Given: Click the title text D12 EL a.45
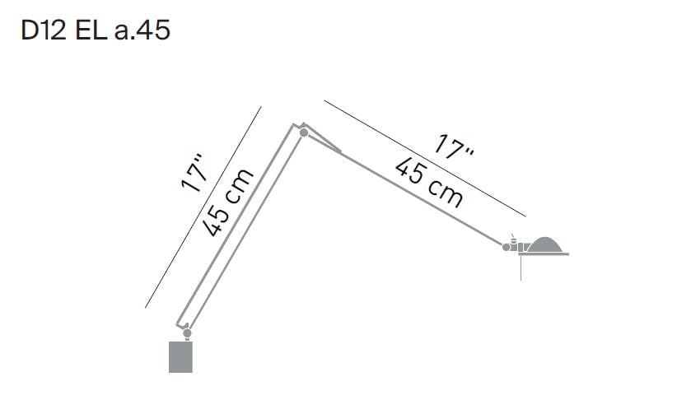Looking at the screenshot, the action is pos(96,30).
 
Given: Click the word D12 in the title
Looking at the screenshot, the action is pos(43,30).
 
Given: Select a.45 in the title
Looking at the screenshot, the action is pos(142,30).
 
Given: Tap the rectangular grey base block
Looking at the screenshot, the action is pos(180,356).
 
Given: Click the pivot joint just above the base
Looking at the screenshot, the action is pos(187,332).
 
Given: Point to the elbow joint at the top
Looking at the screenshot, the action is pos(304,132).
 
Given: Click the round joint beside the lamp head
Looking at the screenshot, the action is pos(507,247).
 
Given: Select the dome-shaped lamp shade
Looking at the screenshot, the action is pos(544,244).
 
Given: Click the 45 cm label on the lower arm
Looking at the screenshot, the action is pos(228,202).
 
